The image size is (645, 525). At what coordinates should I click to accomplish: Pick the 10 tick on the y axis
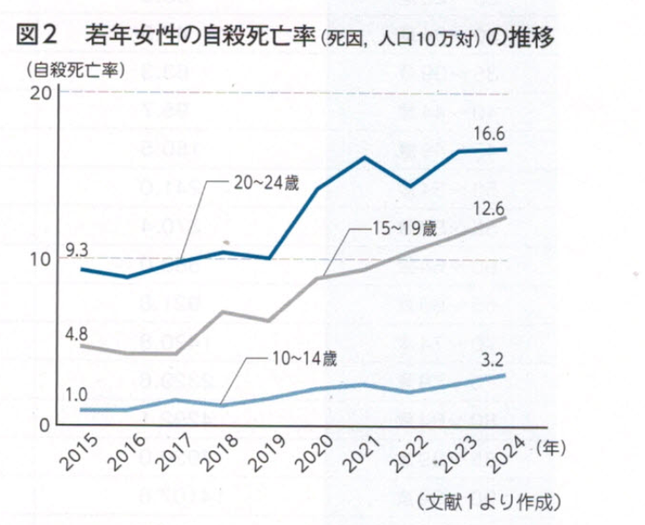click(37, 260)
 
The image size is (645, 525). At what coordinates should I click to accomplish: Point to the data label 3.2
click(493, 359)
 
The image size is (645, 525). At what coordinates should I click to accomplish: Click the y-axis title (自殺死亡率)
click(74, 68)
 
